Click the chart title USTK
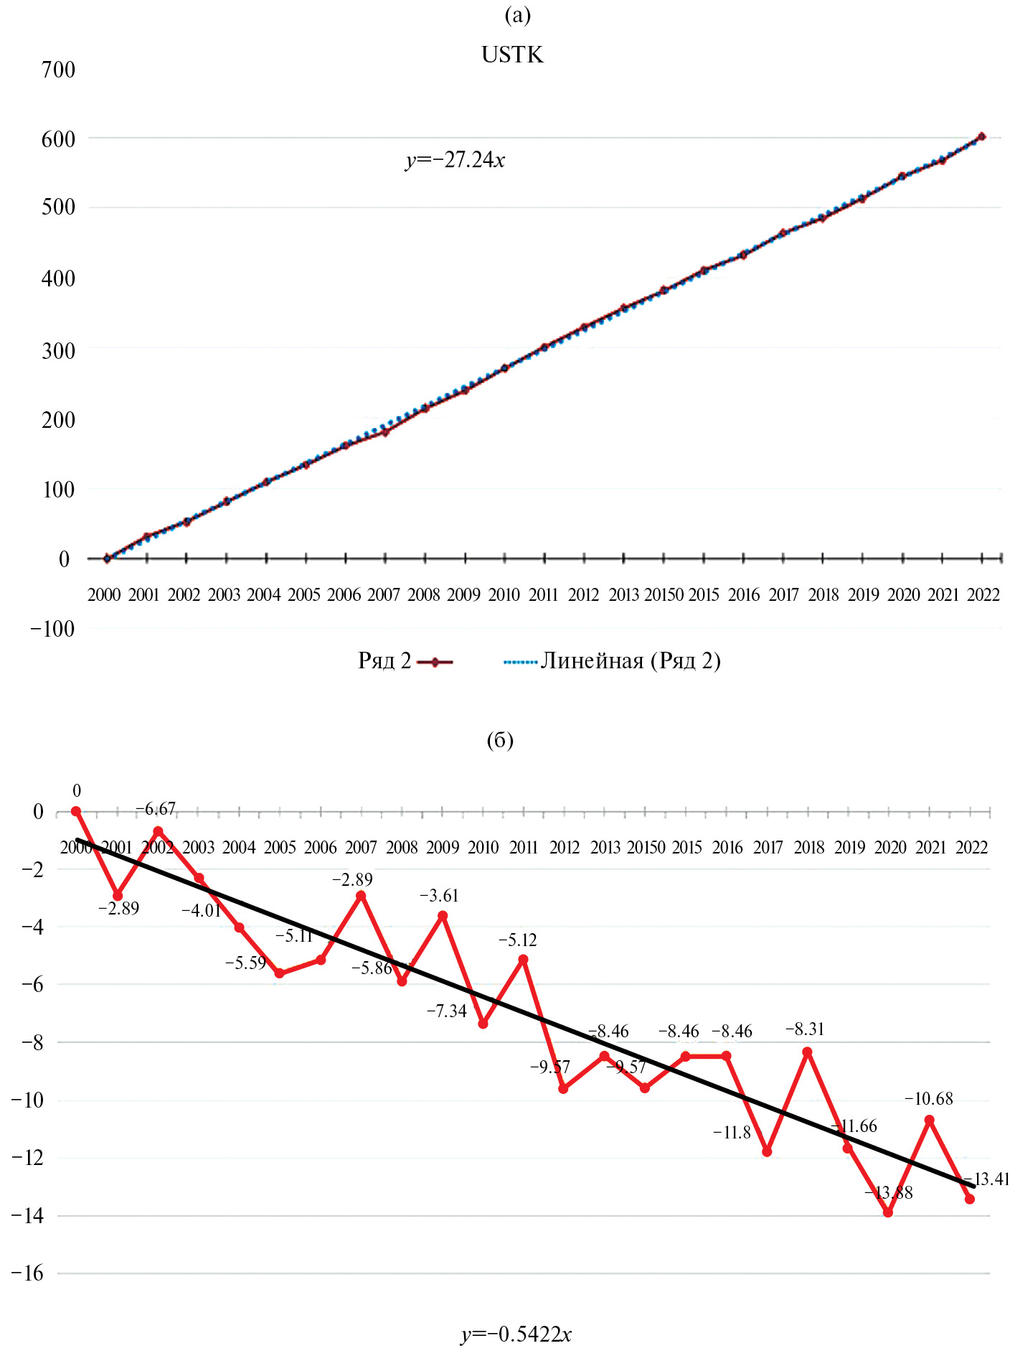pos(512,55)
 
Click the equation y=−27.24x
pos(455,159)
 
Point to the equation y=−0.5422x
pos(516,1334)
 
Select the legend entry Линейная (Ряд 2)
pos(630,660)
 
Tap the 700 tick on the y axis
pos(58,70)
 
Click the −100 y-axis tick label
pos(52,629)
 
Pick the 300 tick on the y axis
pos(58,351)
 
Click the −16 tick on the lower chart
pos(28,1273)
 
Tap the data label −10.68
pos(928,1099)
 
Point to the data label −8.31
pos(805,1029)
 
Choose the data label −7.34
pos(447,1011)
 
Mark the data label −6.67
pos(156,809)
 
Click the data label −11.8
pos(732,1133)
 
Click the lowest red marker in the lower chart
pos(888,1212)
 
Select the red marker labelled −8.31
pos(807,1052)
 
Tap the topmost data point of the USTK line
pos(982,136)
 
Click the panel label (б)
pos(500,740)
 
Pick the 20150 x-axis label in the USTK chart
pos(664,595)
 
